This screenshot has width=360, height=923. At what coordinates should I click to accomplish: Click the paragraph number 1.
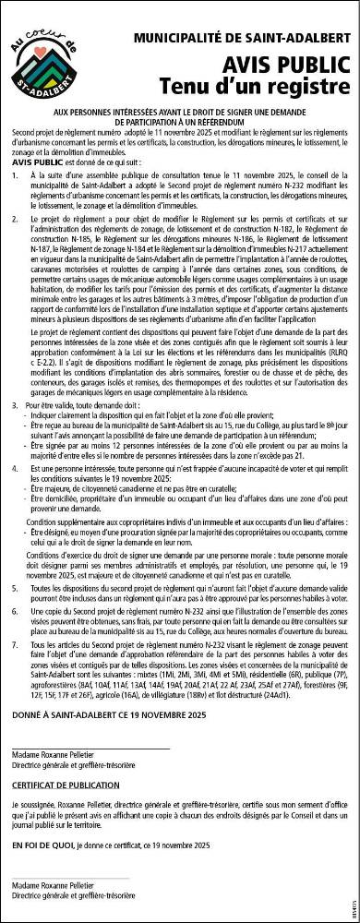tap(15, 174)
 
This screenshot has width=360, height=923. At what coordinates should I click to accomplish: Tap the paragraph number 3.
tap(15, 405)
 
